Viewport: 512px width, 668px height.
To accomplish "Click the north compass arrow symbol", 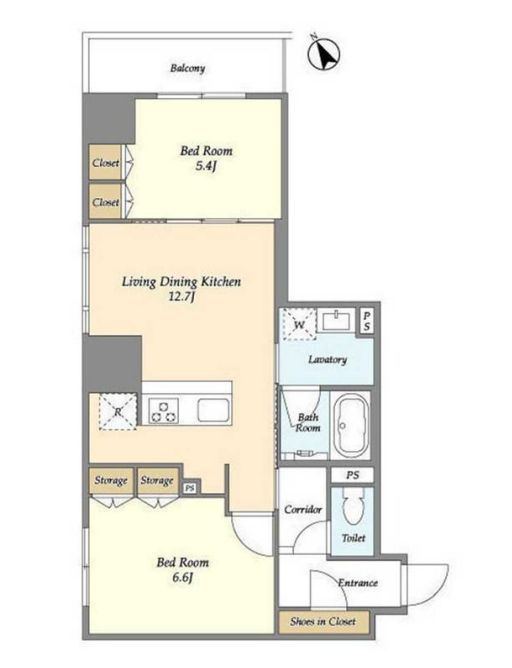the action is pyautogui.click(x=324, y=54).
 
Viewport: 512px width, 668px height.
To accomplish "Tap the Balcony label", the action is pyautogui.click(x=187, y=68).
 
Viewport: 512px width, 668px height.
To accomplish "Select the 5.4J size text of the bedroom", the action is pyautogui.click(x=207, y=166).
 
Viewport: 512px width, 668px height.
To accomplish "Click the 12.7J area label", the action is pyautogui.click(x=182, y=297).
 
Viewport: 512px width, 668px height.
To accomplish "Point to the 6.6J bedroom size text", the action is pyautogui.click(x=183, y=578).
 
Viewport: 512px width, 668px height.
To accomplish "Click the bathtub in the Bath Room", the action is pyautogui.click(x=351, y=426).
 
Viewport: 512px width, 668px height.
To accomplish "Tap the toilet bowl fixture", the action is pyautogui.click(x=353, y=506).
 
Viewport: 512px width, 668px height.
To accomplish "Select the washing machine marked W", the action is pyautogui.click(x=298, y=325).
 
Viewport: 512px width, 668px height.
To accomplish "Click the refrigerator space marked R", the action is pyautogui.click(x=118, y=412).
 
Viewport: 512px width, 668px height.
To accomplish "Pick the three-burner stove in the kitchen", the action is pyautogui.click(x=164, y=411).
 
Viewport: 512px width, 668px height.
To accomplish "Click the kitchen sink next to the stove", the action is pyautogui.click(x=213, y=411).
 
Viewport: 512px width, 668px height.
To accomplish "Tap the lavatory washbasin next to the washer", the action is pyautogui.click(x=337, y=320).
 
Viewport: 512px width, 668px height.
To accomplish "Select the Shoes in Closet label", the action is pyautogui.click(x=323, y=622).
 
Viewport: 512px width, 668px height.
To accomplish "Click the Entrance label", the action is pyautogui.click(x=358, y=582).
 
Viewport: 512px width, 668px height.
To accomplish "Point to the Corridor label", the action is pyautogui.click(x=303, y=509).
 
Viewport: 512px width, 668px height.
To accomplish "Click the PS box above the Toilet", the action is pyautogui.click(x=352, y=475).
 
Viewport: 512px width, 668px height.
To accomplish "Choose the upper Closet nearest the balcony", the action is pyautogui.click(x=105, y=163).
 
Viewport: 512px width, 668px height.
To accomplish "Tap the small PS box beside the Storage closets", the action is pyautogui.click(x=190, y=488).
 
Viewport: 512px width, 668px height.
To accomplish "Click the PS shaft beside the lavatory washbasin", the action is pyautogui.click(x=367, y=321).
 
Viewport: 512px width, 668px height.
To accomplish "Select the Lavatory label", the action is pyautogui.click(x=327, y=360).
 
